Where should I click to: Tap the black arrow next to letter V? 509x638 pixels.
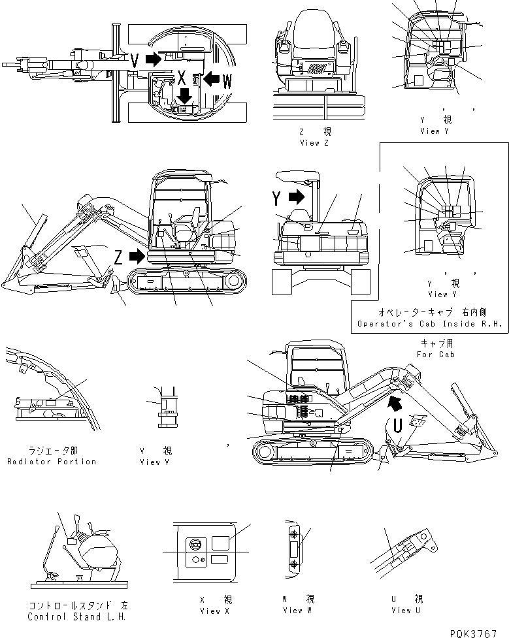[152, 60]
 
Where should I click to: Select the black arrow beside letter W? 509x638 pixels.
[210, 79]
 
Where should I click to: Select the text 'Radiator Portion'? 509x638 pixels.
[52, 462]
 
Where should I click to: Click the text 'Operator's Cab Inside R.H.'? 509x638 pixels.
[431, 324]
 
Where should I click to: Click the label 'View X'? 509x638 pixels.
[214, 611]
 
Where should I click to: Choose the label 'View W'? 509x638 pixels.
[298, 611]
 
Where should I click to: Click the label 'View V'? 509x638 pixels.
[156, 462]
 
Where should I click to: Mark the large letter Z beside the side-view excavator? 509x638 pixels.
[118, 257]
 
